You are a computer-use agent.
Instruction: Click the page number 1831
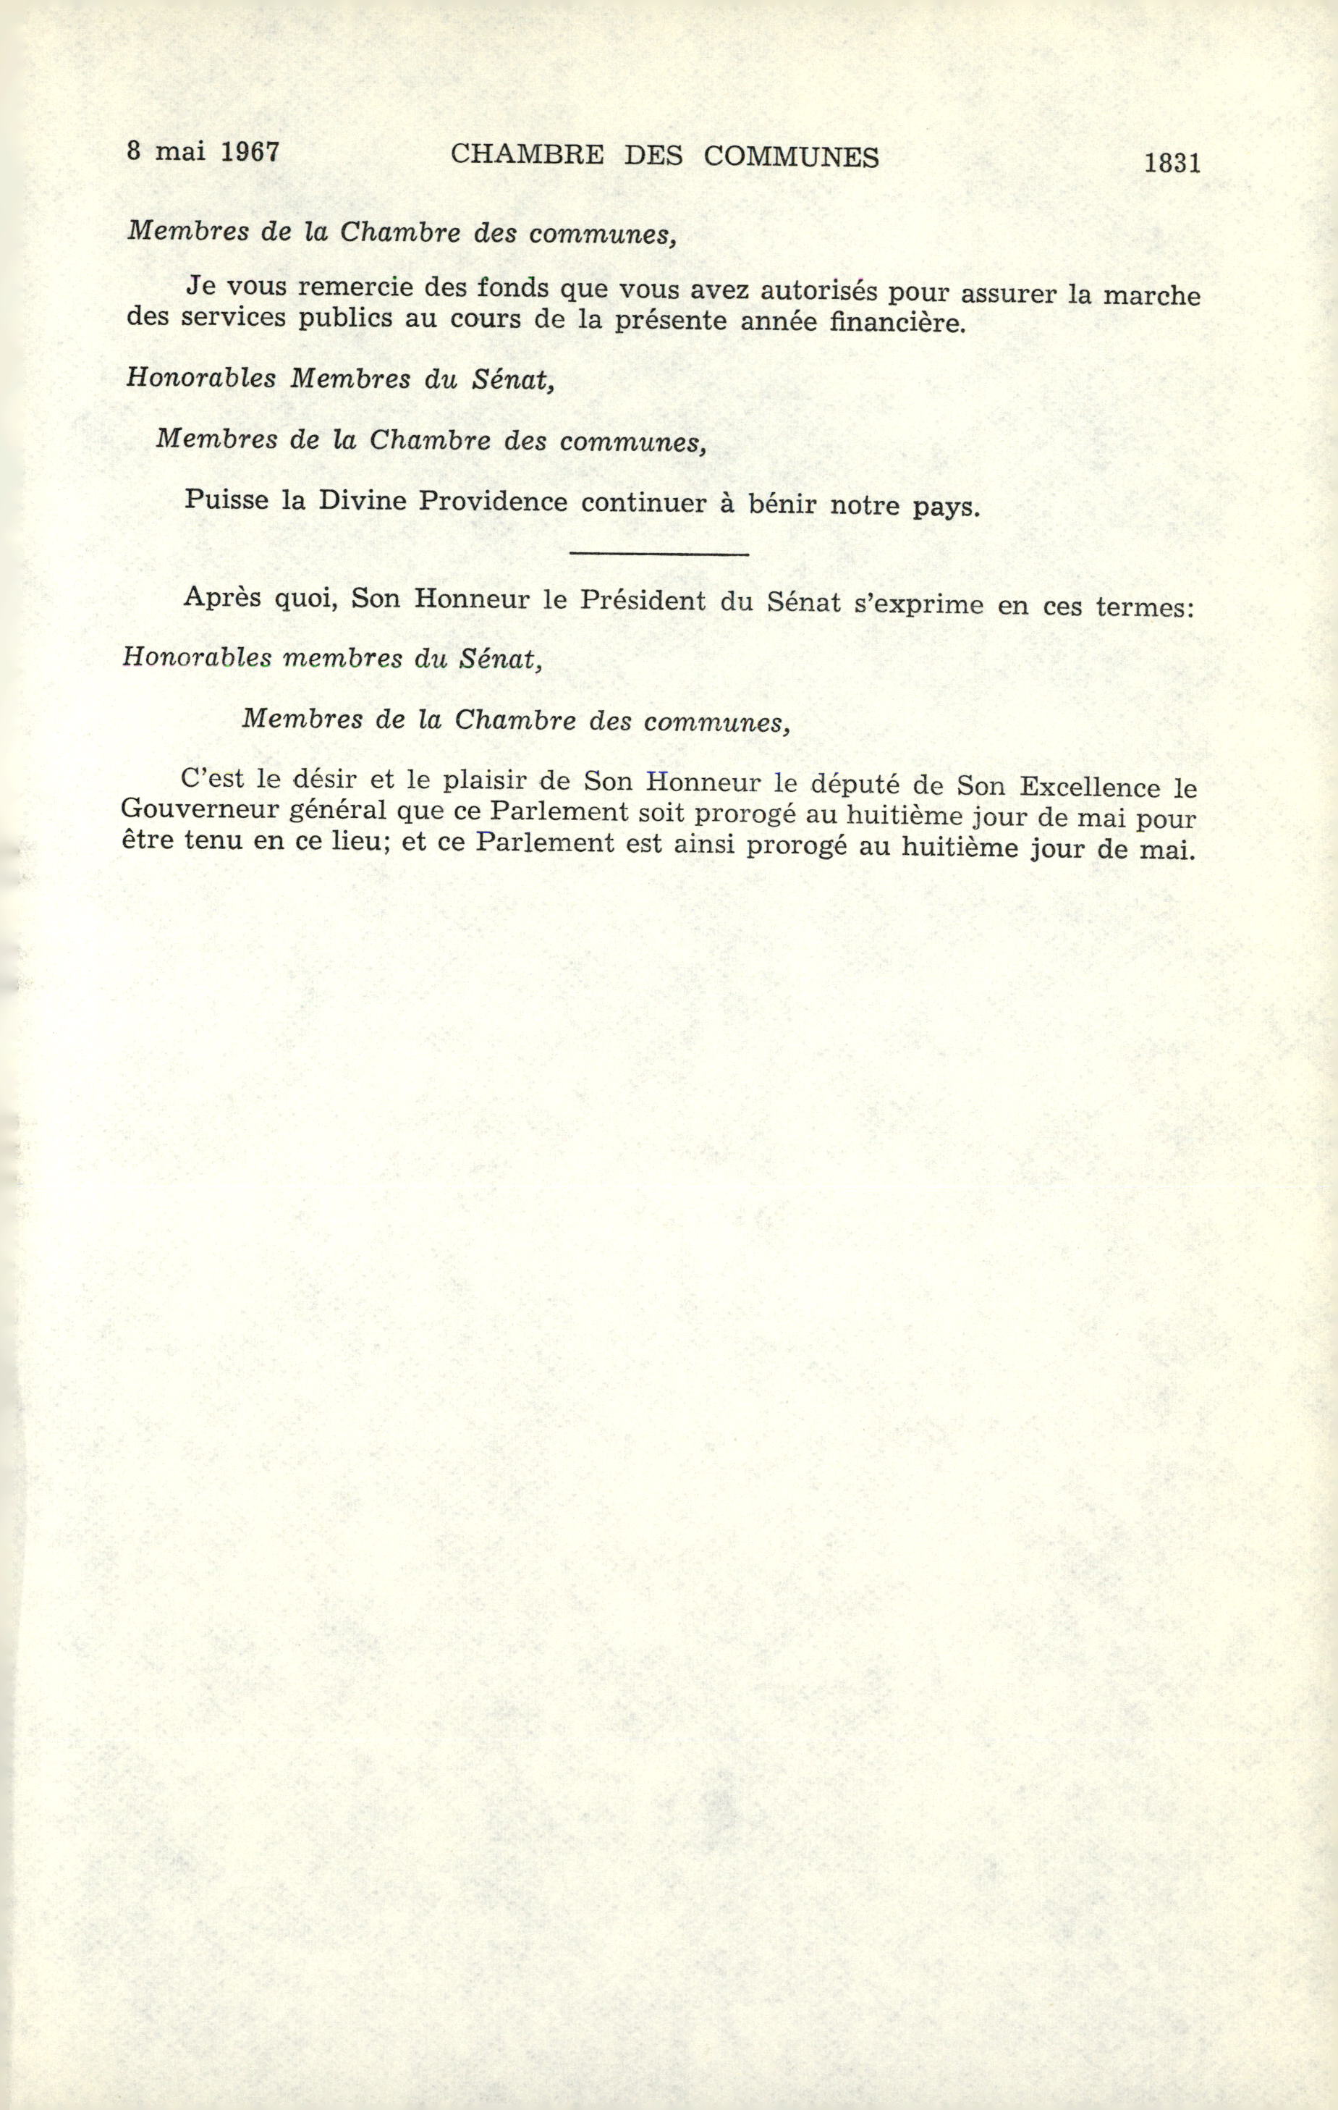[x=1172, y=164]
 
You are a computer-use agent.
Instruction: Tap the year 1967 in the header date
[x=250, y=151]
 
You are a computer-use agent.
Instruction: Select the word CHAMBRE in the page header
[x=527, y=155]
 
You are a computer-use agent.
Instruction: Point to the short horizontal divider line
[x=659, y=554]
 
